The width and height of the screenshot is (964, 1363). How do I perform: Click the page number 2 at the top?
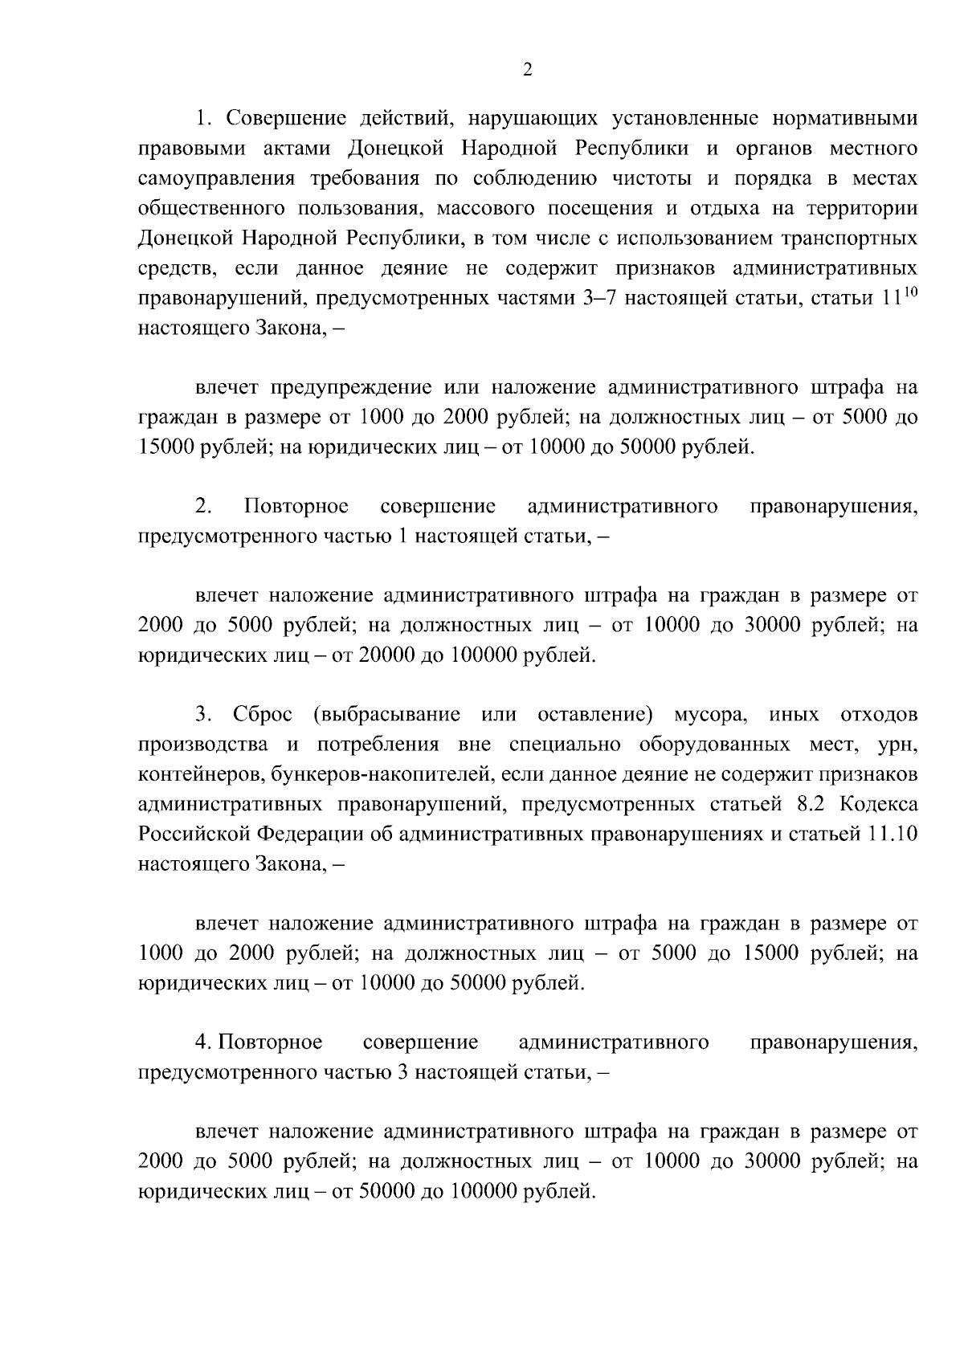(527, 70)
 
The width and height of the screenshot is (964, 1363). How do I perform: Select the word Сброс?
(263, 715)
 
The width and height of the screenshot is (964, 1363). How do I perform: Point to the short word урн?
(900, 745)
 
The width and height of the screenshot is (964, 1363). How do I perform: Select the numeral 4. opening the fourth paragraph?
(203, 1043)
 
